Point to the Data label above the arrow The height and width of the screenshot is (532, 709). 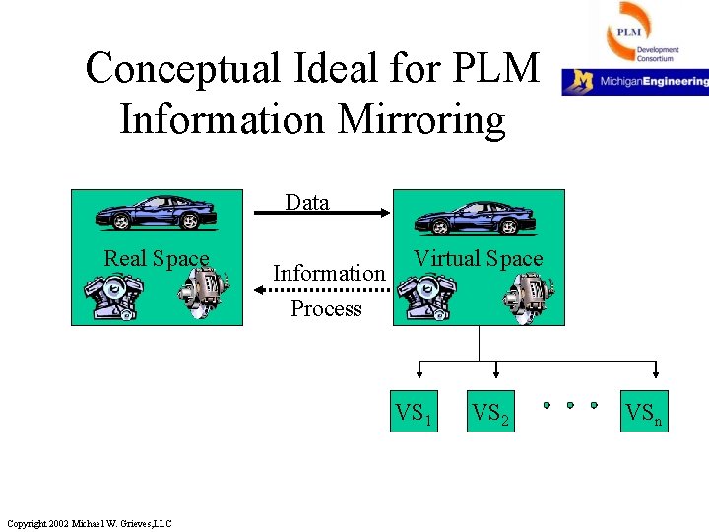click(x=307, y=203)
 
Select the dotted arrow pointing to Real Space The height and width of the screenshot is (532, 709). click(x=325, y=290)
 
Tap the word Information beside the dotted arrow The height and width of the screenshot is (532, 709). click(x=328, y=273)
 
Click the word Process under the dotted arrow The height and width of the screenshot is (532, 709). click(x=326, y=309)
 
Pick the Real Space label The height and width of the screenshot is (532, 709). click(x=157, y=259)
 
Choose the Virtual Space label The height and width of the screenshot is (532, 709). click(x=478, y=259)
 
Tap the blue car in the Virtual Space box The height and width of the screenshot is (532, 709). click(x=478, y=214)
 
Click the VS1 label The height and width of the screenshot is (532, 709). click(x=415, y=413)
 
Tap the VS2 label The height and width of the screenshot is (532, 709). click(x=490, y=413)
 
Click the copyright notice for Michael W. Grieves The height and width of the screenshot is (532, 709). click(x=89, y=522)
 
